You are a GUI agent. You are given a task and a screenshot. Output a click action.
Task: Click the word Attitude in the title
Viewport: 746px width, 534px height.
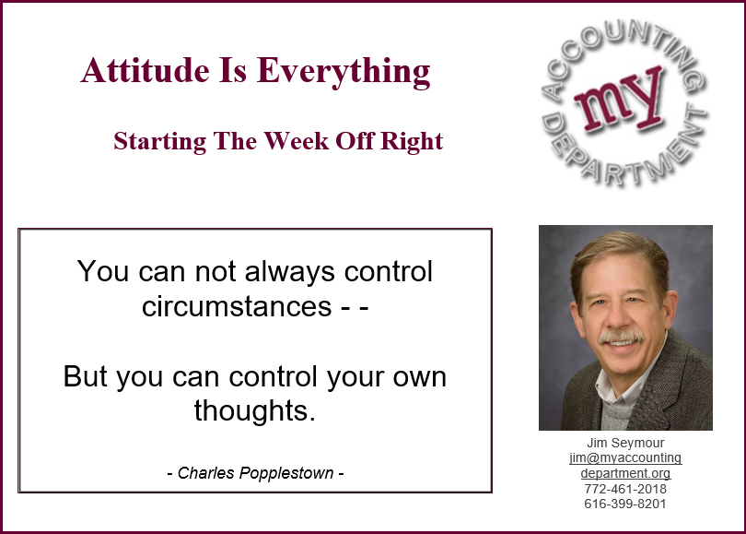tap(146, 70)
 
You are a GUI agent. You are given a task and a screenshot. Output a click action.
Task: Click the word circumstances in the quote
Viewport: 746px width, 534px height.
tap(237, 306)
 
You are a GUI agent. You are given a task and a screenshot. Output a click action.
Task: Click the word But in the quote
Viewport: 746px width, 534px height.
tap(85, 376)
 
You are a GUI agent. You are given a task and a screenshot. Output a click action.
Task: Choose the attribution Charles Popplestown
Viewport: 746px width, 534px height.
tap(255, 473)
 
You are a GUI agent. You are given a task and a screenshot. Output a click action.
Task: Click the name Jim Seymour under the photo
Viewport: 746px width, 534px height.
tap(625, 443)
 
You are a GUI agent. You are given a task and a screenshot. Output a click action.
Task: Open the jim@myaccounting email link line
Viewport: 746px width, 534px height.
tap(625, 458)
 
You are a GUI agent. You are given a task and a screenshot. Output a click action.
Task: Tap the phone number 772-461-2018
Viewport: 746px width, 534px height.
tap(625, 489)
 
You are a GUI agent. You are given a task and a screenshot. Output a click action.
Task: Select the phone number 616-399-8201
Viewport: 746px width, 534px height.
tap(625, 504)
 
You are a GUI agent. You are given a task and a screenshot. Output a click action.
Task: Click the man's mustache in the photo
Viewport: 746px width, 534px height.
tap(621, 337)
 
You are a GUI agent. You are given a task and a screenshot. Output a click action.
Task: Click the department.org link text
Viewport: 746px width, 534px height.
tap(625, 473)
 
